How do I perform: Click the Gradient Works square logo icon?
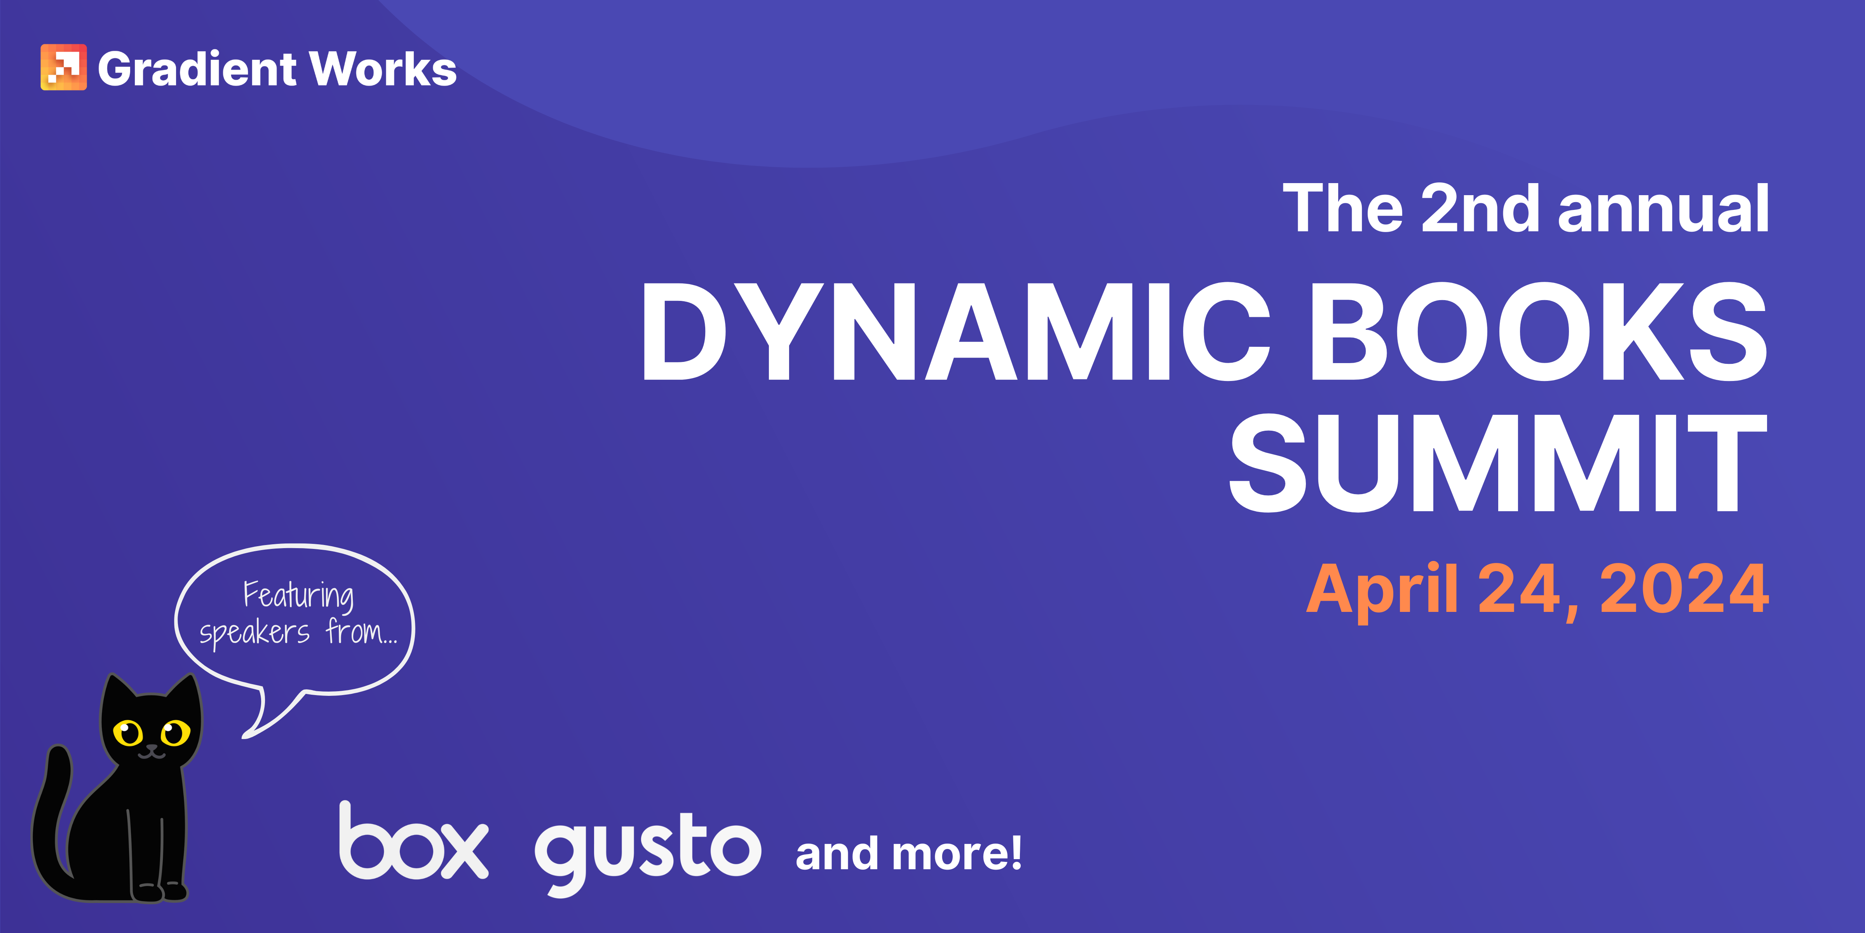[x=64, y=67]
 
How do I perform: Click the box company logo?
[x=413, y=842]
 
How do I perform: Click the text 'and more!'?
[x=909, y=853]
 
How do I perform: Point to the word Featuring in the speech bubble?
[x=298, y=596]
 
